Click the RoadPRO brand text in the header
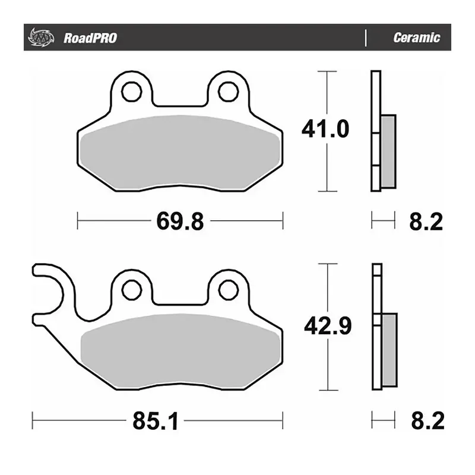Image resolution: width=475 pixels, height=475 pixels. click(x=90, y=39)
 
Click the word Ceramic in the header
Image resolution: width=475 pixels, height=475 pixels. click(x=416, y=38)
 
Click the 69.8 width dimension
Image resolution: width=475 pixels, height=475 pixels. click(x=180, y=222)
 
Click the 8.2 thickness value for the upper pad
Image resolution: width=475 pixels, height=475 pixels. click(x=426, y=222)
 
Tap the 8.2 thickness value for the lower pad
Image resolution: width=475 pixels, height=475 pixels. click(x=426, y=422)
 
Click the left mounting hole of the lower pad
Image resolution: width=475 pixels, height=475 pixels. click(x=131, y=290)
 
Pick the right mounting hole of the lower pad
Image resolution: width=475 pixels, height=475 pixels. click(x=227, y=290)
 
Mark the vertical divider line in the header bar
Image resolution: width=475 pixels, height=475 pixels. click(x=366, y=38)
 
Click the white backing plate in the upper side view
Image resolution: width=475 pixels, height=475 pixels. click(x=375, y=131)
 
